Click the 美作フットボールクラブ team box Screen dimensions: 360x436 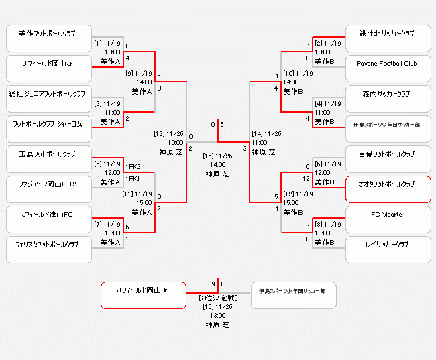[49, 37]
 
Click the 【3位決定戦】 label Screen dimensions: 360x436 [217, 297]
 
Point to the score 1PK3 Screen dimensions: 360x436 [132, 166]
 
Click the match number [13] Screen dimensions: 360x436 [159, 133]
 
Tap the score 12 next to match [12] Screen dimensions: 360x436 [305, 179]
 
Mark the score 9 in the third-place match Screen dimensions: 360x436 [213, 284]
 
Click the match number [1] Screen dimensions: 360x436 [98, 44]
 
